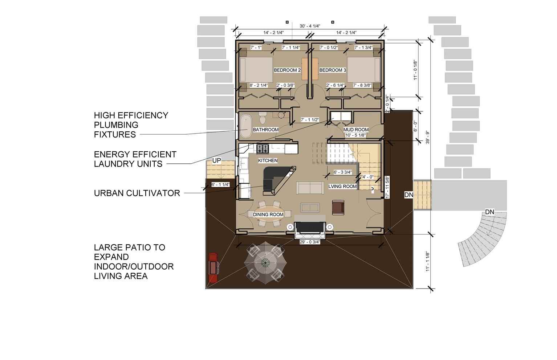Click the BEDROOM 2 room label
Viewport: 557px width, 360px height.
pyautogui.click(x=287, y=70)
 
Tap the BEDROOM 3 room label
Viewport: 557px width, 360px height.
pyautogui.click(x=333, y=70)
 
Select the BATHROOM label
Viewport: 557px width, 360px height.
pyautogui.click(x=265, y=130)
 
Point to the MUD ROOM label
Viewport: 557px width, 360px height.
pyautogui.click(x=356, y=130)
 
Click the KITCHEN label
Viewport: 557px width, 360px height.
pyautogui.click(x=268, y=161)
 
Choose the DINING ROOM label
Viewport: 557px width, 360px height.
pyautogui.click(x=268, y=215)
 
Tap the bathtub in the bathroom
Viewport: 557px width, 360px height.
pyautogui.click(x=246, y=126)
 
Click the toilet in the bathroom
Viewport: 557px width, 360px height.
pyautogui.click(x=262, y=118)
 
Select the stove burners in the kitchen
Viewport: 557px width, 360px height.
pyautogui.click(x=263, y=149)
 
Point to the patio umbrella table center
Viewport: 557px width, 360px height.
pyautogui.click(x=265, y=263)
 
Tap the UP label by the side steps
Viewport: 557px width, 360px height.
pyautogui.click(x=216, y=160)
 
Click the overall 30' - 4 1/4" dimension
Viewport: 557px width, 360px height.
pyautogui.click(x=310, y=26)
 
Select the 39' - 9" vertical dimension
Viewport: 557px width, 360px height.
pyautogui.click(x=427, y=138)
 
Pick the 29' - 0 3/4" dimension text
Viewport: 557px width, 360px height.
pyautogui.click(x=310, y=242)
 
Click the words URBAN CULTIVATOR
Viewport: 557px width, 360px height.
pyautogui.click(x=137, y=193)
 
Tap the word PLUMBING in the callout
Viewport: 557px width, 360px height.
pyautogui.click(x=116, y=125)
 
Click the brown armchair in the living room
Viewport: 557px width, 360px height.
pyautogui.click(x=338, y=207)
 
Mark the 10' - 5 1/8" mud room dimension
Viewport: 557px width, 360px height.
pyautogui.click(x=356, y=135)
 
